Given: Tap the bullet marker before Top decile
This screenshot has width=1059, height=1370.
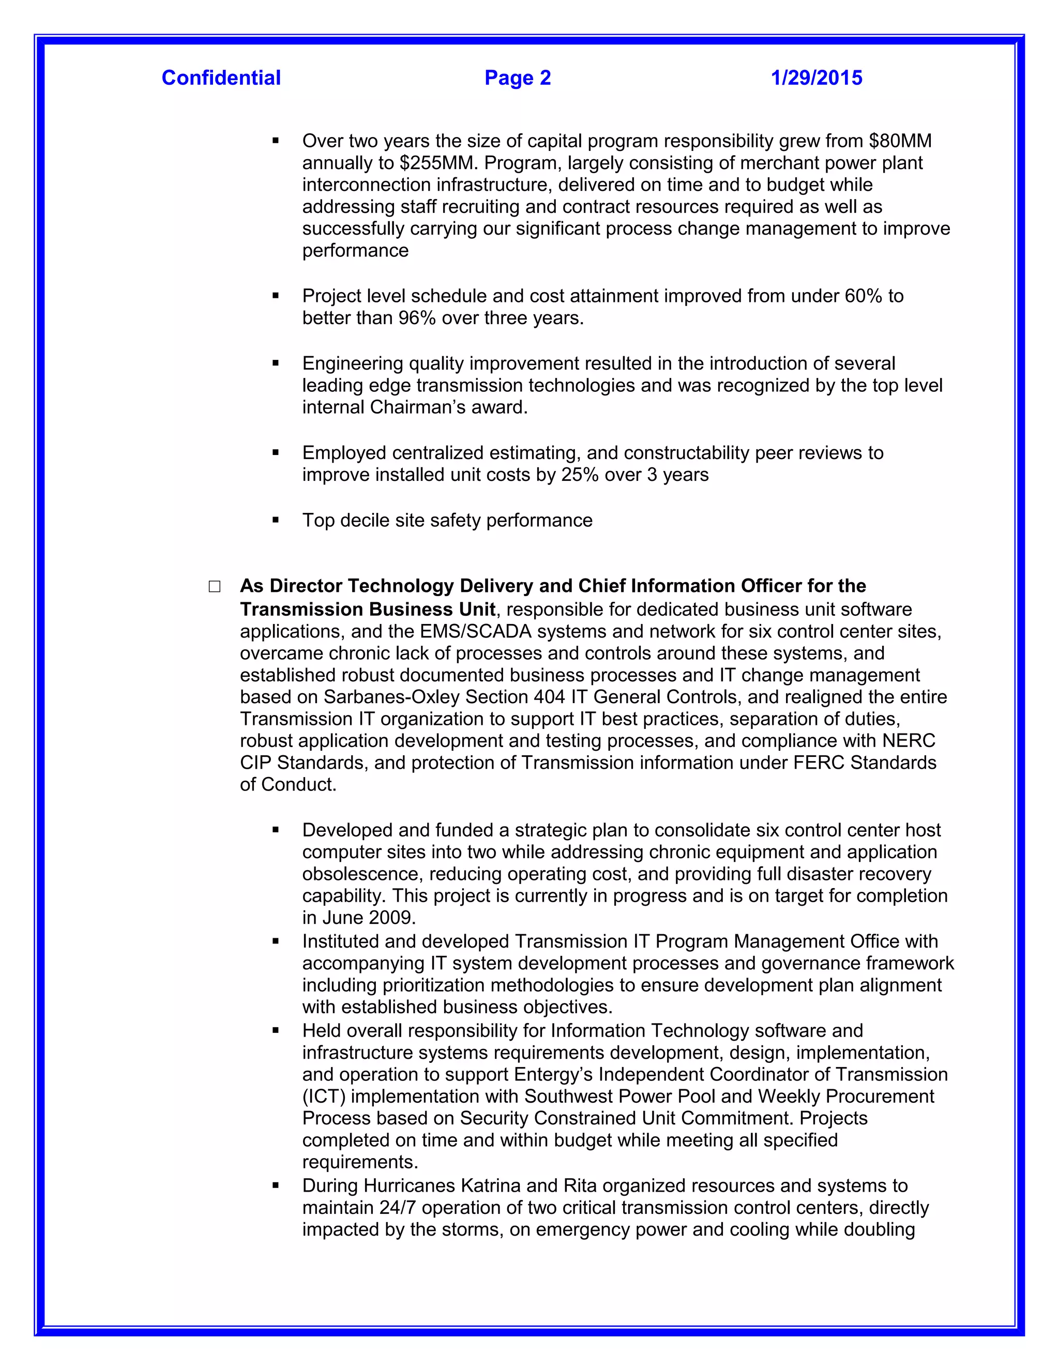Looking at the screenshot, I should (276, 520).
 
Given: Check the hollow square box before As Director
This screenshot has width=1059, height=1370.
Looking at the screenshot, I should (215, 587).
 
